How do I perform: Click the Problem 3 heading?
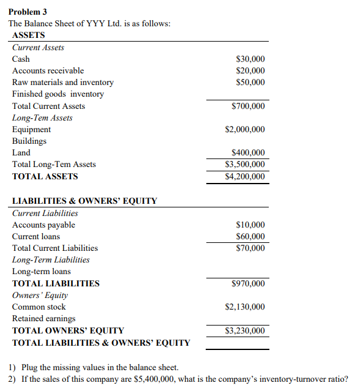tap(28, 12)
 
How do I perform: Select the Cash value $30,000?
tap(250, 59)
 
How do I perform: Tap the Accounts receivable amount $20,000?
tap(250, 71)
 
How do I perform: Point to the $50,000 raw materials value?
tap(250, 83)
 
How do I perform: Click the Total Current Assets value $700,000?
tap(248, 106)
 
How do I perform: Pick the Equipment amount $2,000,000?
tap(245, 130)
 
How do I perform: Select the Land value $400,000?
tap(248, 153)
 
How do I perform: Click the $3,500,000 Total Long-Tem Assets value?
tap(245, 165)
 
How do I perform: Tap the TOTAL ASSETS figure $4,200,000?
tap(245, 177)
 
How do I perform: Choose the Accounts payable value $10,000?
tap(250, 225)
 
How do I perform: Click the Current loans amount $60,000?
tap(250, 237)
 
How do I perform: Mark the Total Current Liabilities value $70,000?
tap(250, 248)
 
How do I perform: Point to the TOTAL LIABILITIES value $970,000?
tap(248, 284)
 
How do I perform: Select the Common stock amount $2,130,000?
tap(245, 307)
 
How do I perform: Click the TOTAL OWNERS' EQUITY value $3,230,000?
tap(245, 331)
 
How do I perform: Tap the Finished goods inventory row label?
tap(58, 94)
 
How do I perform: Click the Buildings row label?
tap(29, 141)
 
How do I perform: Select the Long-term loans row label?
tap(42, 272)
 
